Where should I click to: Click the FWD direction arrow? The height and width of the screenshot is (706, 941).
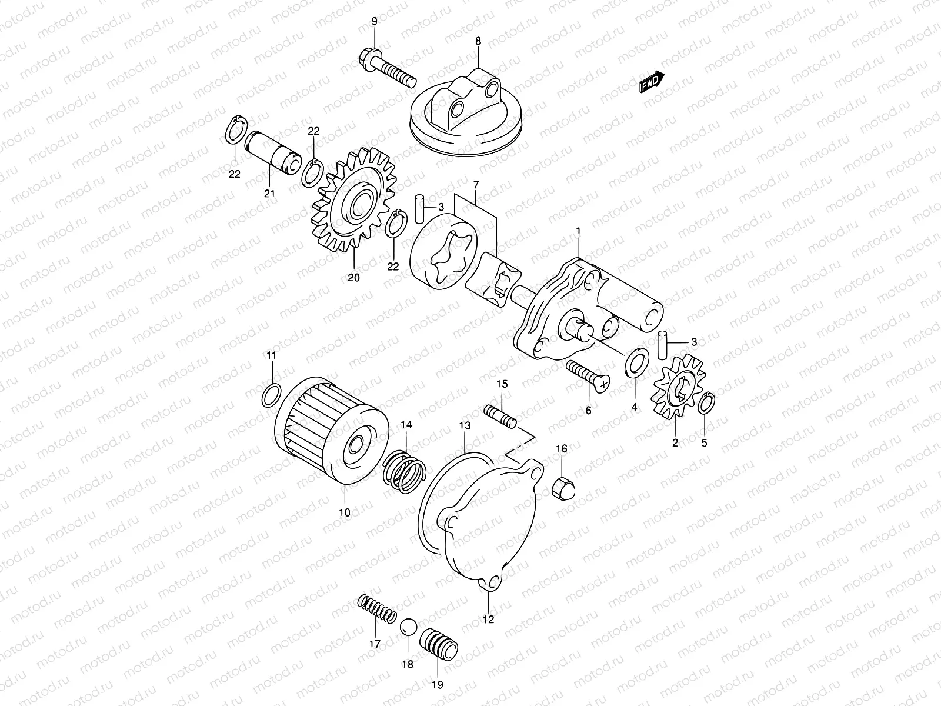click(x=652, y=82)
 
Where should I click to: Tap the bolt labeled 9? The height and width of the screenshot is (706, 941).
click(x=385, y=69)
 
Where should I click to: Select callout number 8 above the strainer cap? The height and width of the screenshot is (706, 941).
click(x=478, y=41)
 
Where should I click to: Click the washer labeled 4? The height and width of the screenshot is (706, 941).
click(x=636, y=364)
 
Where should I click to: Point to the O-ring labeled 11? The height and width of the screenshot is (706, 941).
click(x=271, y=395)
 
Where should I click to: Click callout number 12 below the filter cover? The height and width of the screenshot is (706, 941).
click(x=489, y=619)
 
